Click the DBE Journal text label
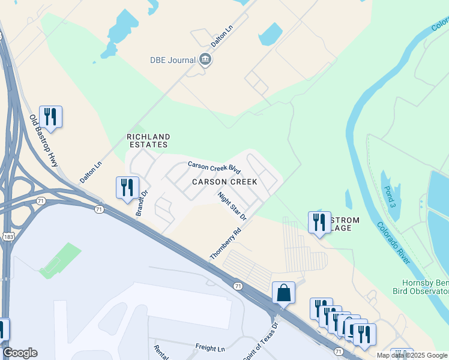pyautogui.click(x=173, y=60)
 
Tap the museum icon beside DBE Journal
pyautogui.click(x=205, y=60)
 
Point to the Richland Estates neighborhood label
pyautogui.click(x=148, y=141)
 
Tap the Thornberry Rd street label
pyautogui.click(x=225, y=243)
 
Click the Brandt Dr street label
pyautogui.click(x=142, y=205)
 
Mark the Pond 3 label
pyautogui.click(x=389, y=194)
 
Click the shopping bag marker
pyautogui.click(x=283, y=293)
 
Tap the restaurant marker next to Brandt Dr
pyautogui.click(x=127, y=188)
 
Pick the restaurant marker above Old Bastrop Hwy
pyautogui.click(x=50, y=116)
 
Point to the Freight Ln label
pyautogui.click(x=209, y=347)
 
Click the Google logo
pyautogui.click(x=20, y=353)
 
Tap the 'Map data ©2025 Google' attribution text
pyautogui.click(x=412, y=355)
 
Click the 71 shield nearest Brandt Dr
pyautogui.click(x=99, y=209)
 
